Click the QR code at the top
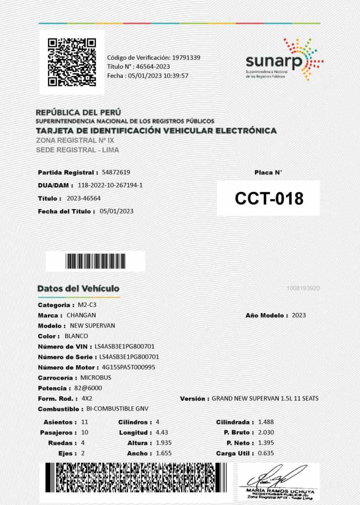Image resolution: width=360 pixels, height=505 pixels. pyautogui.click(x=71, y=62)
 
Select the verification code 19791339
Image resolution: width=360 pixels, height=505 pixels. pyautogui.click(x=185, y=57)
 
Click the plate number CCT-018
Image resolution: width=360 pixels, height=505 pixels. pyautogui.click(x=269, y=199)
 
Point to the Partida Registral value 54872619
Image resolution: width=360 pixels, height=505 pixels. pyautogui.click(x=116, y=173)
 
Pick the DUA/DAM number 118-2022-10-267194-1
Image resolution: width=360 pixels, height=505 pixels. pyautogui.click(x=110, y=185)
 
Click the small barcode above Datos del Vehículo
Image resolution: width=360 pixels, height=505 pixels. pyautogui.click(x=95, y=261)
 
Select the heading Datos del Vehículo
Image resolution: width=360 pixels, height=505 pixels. pyautogui.click(x=78, y=289)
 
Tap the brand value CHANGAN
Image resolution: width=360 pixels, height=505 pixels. pyautogui.click(x=81, y=315)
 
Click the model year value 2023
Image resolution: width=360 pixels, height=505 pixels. pyautogui.click(x=299, y=315)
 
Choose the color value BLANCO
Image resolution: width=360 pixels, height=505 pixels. pyautogui.click(x=76, y=336)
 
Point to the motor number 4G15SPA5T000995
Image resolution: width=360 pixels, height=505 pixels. pyautogui.click(x=126, y=367)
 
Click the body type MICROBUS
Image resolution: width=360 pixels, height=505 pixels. pyautogui.click(x=95, y=378)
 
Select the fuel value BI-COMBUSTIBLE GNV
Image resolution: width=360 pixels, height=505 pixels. pyautogui.click(x=117, y=409)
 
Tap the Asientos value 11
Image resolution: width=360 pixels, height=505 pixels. pyautogui.click(x=85, y=422)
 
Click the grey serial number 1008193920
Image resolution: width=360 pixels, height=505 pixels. pyautogui.click(x=303, y=288)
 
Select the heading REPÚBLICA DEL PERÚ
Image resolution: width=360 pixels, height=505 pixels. pyautogui.click(x=78, y=113)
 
